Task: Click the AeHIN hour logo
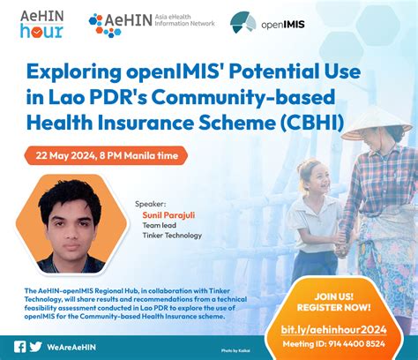tap(41, 24)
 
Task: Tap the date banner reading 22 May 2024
tap(107, 155)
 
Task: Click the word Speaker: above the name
tap(151, 202)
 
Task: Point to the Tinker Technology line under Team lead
tap(171, 236)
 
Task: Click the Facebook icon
tap(19, 346)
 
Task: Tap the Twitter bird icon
tap(35, 346)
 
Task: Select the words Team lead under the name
tap(158, 225)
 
